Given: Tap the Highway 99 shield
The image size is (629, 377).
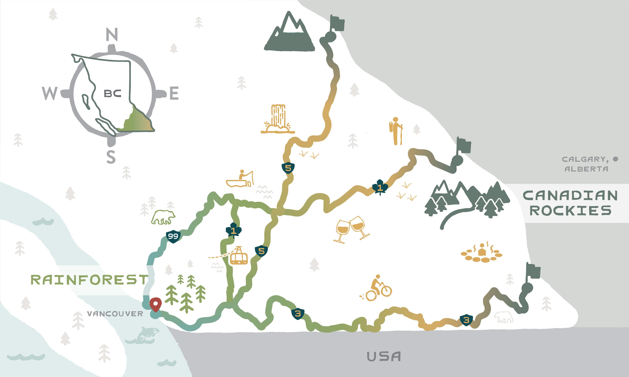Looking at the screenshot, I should coord(173,236).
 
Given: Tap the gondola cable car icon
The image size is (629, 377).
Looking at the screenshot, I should coord(238,256).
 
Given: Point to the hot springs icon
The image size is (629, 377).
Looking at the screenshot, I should coord(481,253).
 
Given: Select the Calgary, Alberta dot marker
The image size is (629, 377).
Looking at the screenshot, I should coord(615,159).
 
